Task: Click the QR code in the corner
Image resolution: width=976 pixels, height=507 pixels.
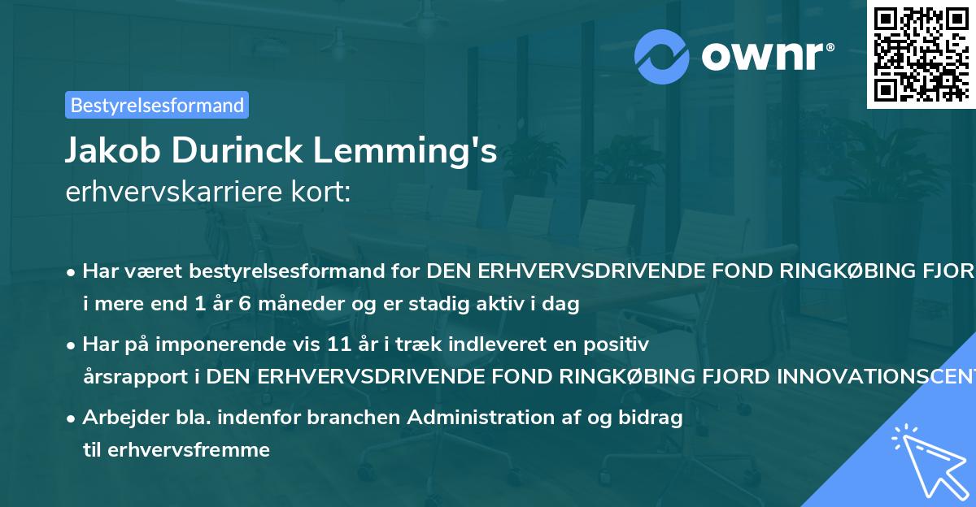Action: (x=921, y=54)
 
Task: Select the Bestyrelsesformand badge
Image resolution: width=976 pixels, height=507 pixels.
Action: (x=157, y=105)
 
